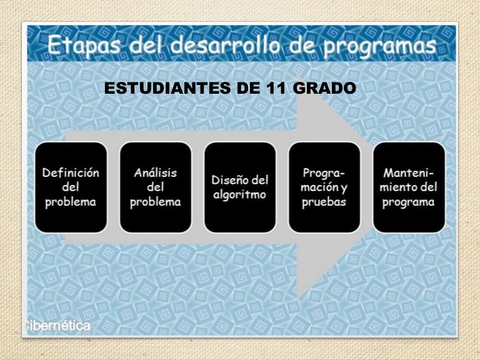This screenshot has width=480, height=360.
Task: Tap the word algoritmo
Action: tap(240, 194)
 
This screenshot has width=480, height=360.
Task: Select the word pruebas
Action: tap(324, 202)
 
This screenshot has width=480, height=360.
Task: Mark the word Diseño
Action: tap(228, 180)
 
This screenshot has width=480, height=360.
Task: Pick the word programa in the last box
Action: tap(409, 202)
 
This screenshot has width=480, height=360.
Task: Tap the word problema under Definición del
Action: tap(71, 202)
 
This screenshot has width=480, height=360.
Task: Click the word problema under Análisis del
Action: tap(156, 202)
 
